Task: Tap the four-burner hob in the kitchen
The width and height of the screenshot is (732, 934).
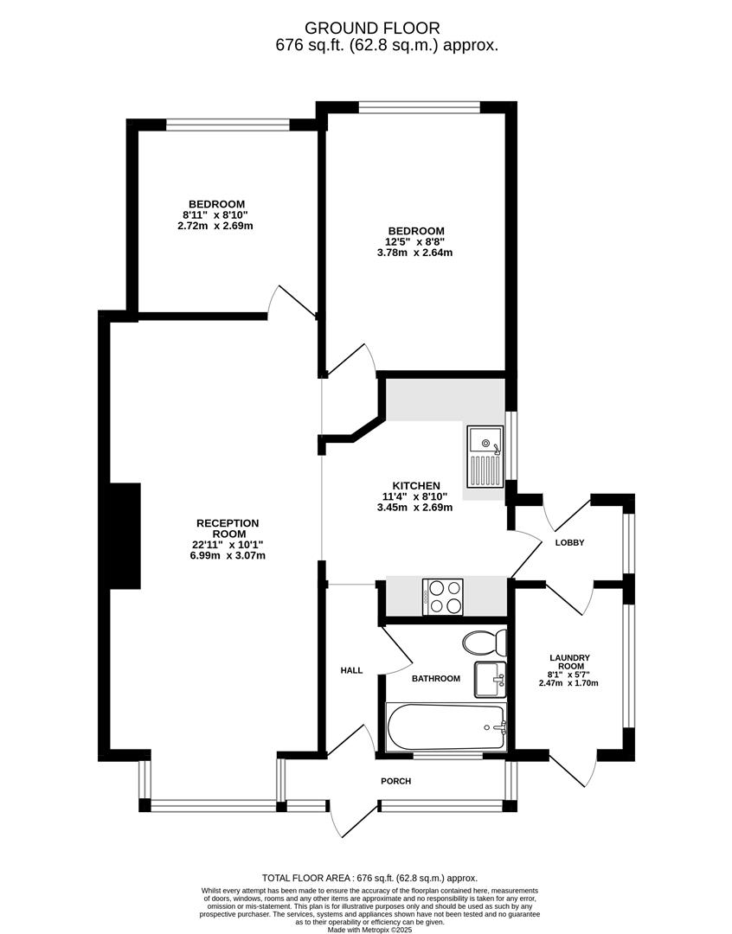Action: pyautogui.click(x=443, y=597)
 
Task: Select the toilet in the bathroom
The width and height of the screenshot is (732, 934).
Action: pyautogui.click(x=485, y=643)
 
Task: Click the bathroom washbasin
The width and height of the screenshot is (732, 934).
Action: pyautogui.click(x=490, y=679)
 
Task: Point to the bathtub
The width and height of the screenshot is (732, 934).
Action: pyautogui.click(x=446, y=726)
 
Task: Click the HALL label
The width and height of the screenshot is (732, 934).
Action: pyautogui.click(x=351, y=671)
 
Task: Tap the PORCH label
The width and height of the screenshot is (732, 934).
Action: pyautogui.click(x=395, y=781)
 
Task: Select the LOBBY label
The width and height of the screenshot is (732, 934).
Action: pyautogui.click(x=569, y=542)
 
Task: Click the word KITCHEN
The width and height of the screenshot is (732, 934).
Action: pyautogui.click(x=416, y=486)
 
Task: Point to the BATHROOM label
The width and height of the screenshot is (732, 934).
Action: pyautogui.click(x=436, y=679)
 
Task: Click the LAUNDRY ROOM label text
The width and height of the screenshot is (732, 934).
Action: pyautogui.click(x=570, y=662)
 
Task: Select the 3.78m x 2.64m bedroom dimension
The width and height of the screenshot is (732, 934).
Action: pyautogui.click(x=414, y=253)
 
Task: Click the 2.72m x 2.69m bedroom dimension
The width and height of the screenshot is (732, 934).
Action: pyautogui.click(x=215, y=227)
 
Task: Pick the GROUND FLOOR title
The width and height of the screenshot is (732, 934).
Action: pyautogui.click(x=372, y=28)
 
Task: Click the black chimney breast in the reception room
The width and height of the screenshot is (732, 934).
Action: pyautogui.click(x=125, y=536)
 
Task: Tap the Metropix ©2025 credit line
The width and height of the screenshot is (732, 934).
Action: pyautogui.click(x=370, y=929)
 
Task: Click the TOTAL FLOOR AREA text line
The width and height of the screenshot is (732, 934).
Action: pyautogui.click(x=369, y=878)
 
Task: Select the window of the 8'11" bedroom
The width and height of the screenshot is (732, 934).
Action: pyautogui.click(x=227, y=125)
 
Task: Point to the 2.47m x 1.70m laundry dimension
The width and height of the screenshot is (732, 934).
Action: pyautogui.click(x=568, y=683)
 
